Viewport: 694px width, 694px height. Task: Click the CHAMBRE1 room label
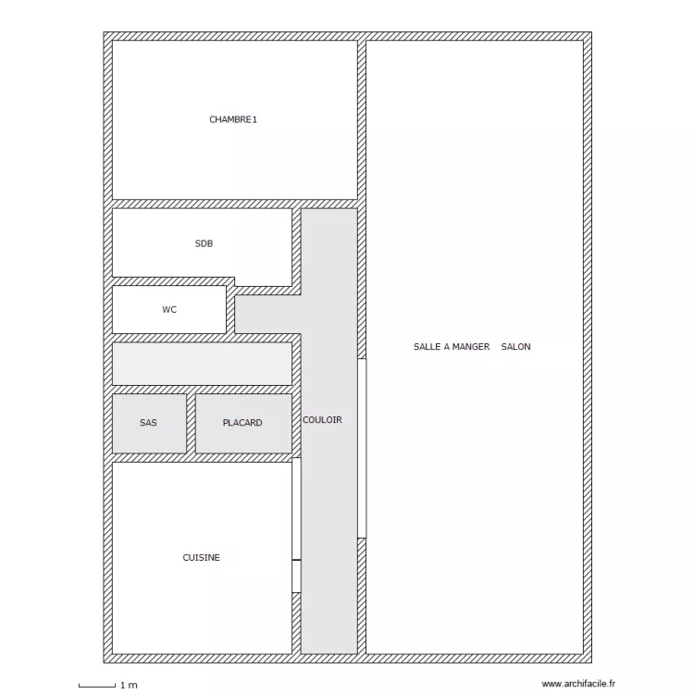tap(233, 119)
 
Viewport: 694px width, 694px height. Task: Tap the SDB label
tap(204, 243)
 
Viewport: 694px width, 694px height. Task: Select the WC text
tap(169, 309)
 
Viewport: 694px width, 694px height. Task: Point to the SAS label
tap(148, 423)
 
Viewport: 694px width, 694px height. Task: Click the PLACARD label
tap(242, 423)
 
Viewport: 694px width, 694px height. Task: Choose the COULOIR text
tap(322, 419)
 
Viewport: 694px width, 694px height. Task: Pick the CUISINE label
tap(202, 557)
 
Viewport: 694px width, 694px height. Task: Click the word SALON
tap(515, 347)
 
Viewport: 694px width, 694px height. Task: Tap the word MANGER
tap(471, 347)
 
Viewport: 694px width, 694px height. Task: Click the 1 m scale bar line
tap(97, 687)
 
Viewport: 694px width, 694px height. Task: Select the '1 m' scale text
tap(129, 685)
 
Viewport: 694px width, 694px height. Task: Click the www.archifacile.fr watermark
tap(578, 684)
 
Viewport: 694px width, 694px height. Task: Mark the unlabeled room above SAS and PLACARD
tap(203, 364)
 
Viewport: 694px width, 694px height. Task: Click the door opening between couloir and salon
tap(362, 449)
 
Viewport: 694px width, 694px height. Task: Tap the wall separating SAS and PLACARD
tap(191, 424)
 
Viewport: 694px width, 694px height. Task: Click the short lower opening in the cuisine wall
tap(296, 576)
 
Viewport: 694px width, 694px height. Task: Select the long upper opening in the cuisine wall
tap(296, 509)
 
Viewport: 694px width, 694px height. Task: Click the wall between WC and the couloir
tap(230, 310)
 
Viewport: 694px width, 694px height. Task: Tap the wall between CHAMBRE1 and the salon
tap(362, 120)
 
